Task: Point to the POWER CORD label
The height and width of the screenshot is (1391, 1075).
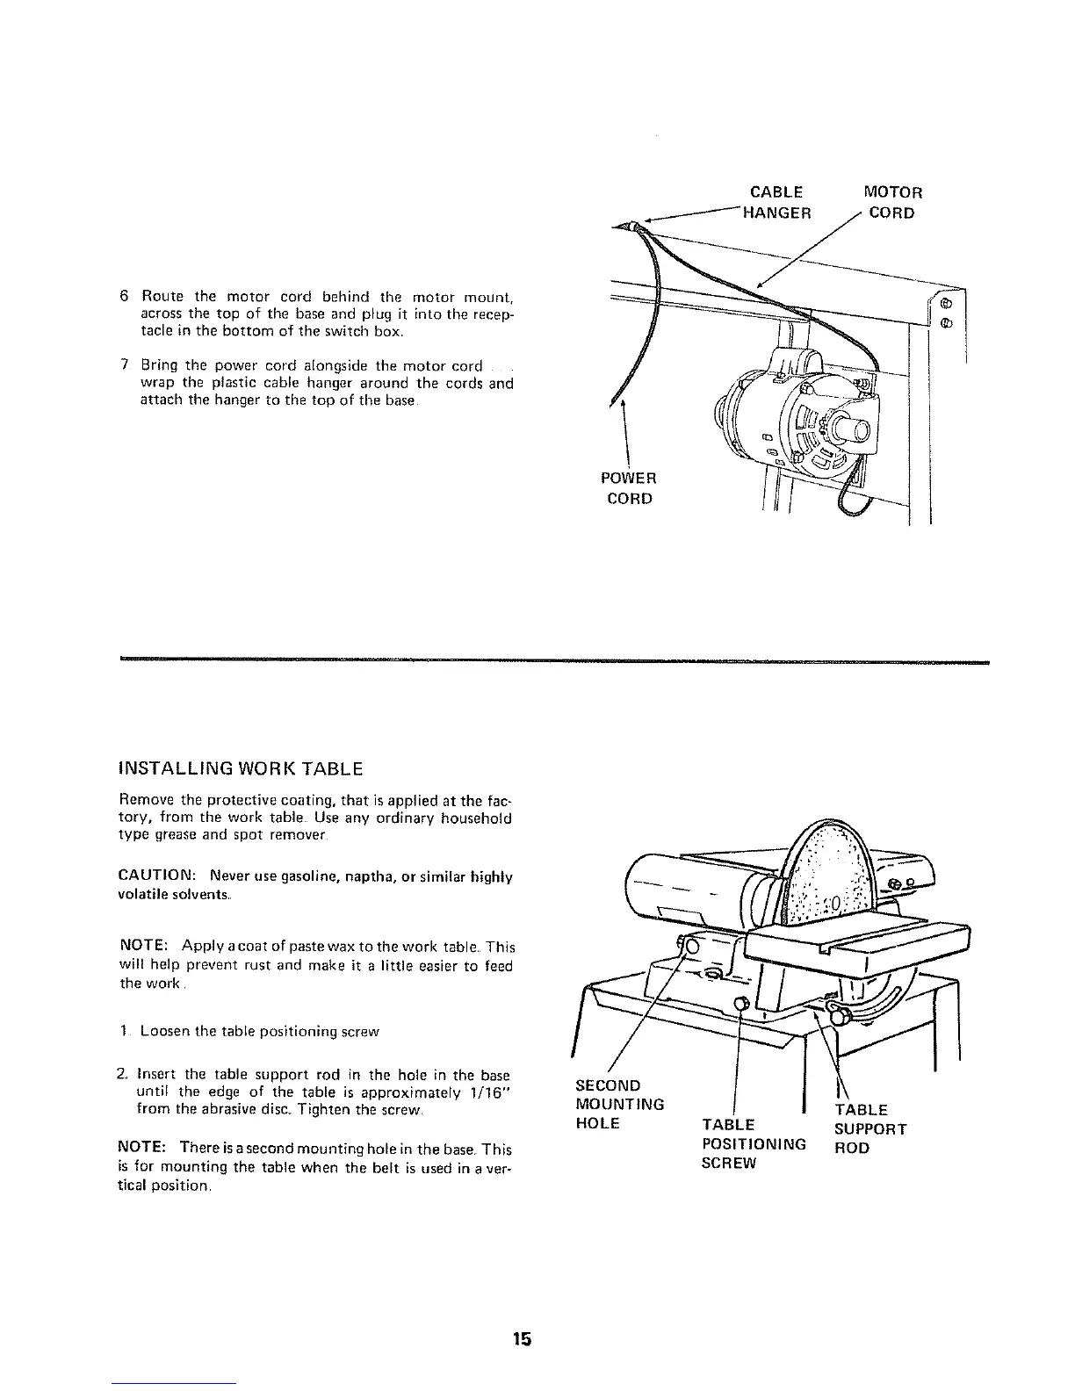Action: click(629, 488)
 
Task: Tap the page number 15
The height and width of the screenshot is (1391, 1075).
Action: click(523, 1340)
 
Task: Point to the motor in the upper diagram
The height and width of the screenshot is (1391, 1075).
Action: click(790, 413)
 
